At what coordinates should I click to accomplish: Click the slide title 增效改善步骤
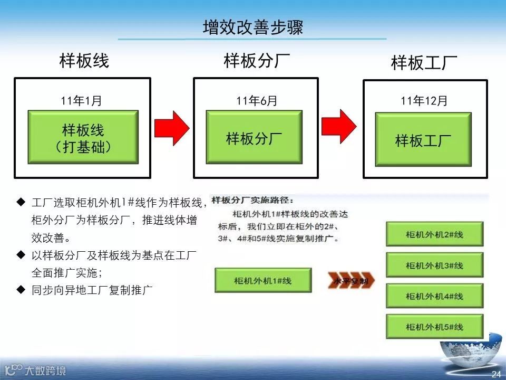(x=252, y=27)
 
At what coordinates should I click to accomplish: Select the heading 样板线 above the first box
(x=84, y=61)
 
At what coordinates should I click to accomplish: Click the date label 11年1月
(x=81, y=101)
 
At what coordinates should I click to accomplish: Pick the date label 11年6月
(x=256, y=101)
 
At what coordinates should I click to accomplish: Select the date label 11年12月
(x=424, y=100)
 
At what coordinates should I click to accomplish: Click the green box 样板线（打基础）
(x=83, y=137)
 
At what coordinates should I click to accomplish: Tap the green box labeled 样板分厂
(x=254, y=138)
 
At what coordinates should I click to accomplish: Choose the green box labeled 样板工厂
(x=423, y=140)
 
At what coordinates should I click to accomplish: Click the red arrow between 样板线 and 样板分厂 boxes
(x=171, y=127)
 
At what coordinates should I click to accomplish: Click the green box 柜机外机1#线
(x=262, y=280)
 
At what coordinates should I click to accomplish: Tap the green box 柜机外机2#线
(x=434, y=234)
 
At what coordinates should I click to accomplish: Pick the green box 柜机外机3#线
(x=434, y=265)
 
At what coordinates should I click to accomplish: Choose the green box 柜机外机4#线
(x=434, y=296)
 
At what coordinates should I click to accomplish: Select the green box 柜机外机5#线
(x=434, y=327)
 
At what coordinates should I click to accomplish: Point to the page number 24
(x=495, y=374)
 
